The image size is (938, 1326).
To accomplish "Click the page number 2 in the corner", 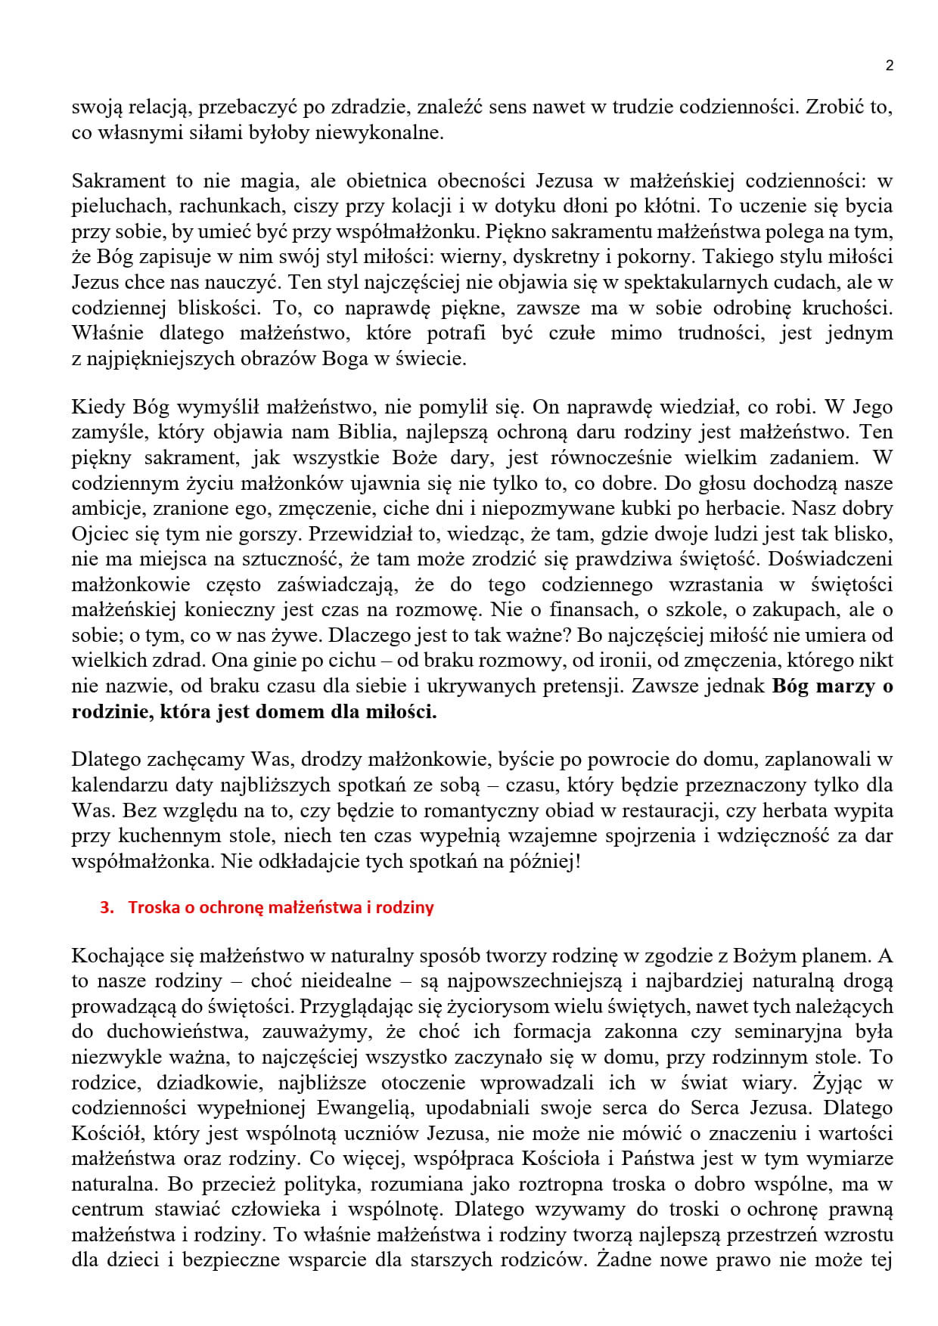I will tap(889, 66).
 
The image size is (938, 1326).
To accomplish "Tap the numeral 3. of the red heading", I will tap(107, 908).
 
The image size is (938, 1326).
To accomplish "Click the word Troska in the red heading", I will tap(154, 908).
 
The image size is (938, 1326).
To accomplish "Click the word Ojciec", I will tap(101, 534).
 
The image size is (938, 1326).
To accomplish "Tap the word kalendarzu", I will tap(120, 785).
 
